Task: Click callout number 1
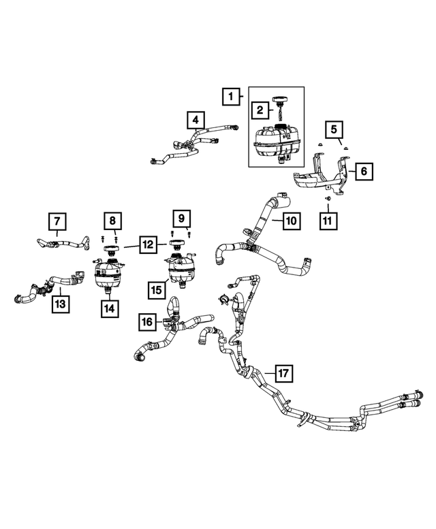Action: (231, 97)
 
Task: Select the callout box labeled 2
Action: (260, 109)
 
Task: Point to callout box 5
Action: (334, 129)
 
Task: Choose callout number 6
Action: (363, 172)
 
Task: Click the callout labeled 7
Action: (57, 221)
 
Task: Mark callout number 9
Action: (181, 218)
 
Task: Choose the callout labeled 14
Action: (109, 308)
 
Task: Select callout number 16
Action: (147, 321)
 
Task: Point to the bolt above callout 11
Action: (328, 197)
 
